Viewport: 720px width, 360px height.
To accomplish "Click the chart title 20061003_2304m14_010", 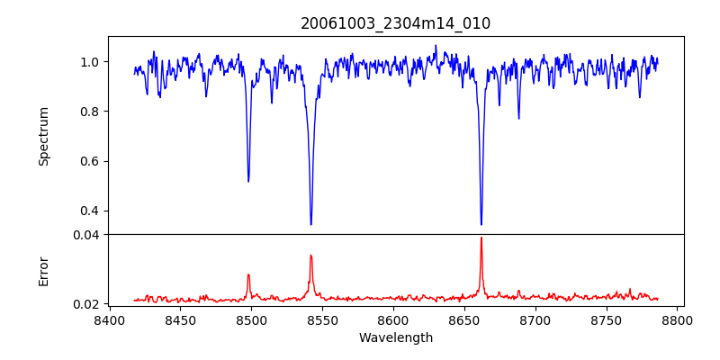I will (395, 23).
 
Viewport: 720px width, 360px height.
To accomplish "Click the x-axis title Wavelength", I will (395, 338).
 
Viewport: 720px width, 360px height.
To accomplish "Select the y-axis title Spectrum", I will (43, 136).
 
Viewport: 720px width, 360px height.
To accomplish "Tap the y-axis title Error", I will (43, 270).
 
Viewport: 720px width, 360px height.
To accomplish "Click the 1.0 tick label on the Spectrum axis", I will (90, 62).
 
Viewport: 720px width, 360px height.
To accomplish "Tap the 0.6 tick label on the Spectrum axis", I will (90, 161).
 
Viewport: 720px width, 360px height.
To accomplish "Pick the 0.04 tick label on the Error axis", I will (86, 235).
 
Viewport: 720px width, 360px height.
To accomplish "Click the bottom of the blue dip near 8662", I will (481, 224).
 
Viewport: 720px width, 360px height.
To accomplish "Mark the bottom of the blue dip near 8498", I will (248, 181).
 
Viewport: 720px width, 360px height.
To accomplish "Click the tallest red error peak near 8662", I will (481, 238).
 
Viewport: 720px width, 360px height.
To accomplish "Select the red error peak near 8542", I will (310, 256).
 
